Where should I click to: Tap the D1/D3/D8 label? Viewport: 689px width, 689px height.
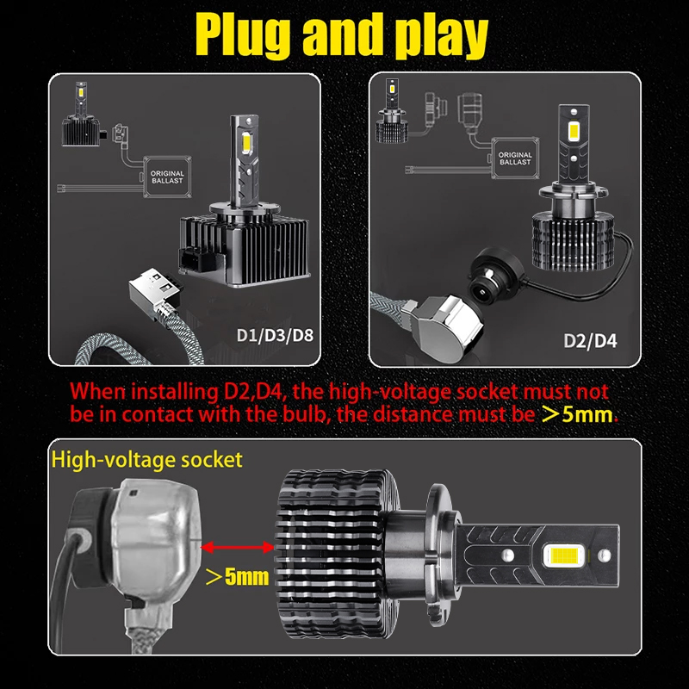click(275, 336)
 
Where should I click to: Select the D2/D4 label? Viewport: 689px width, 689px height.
click(590, 341)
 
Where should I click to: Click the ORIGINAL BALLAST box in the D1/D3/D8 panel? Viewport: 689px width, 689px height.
click(167, 177)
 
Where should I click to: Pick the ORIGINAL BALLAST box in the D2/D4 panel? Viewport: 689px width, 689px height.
click(515, 158)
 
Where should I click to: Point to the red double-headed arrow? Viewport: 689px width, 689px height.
click(238, 547)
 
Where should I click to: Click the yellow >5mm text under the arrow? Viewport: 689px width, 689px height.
click(238, 576)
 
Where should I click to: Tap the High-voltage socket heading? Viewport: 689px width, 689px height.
click(146, 460)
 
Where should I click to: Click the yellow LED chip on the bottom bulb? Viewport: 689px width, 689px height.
click(564, 556)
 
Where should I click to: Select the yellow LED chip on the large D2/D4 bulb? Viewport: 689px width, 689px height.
click(573, 131)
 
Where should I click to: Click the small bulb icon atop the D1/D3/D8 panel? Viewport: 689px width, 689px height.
click(81, 114)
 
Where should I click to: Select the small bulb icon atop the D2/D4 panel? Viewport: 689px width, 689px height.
click(392, 111)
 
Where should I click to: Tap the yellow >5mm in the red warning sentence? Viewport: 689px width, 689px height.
click(577, 414)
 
